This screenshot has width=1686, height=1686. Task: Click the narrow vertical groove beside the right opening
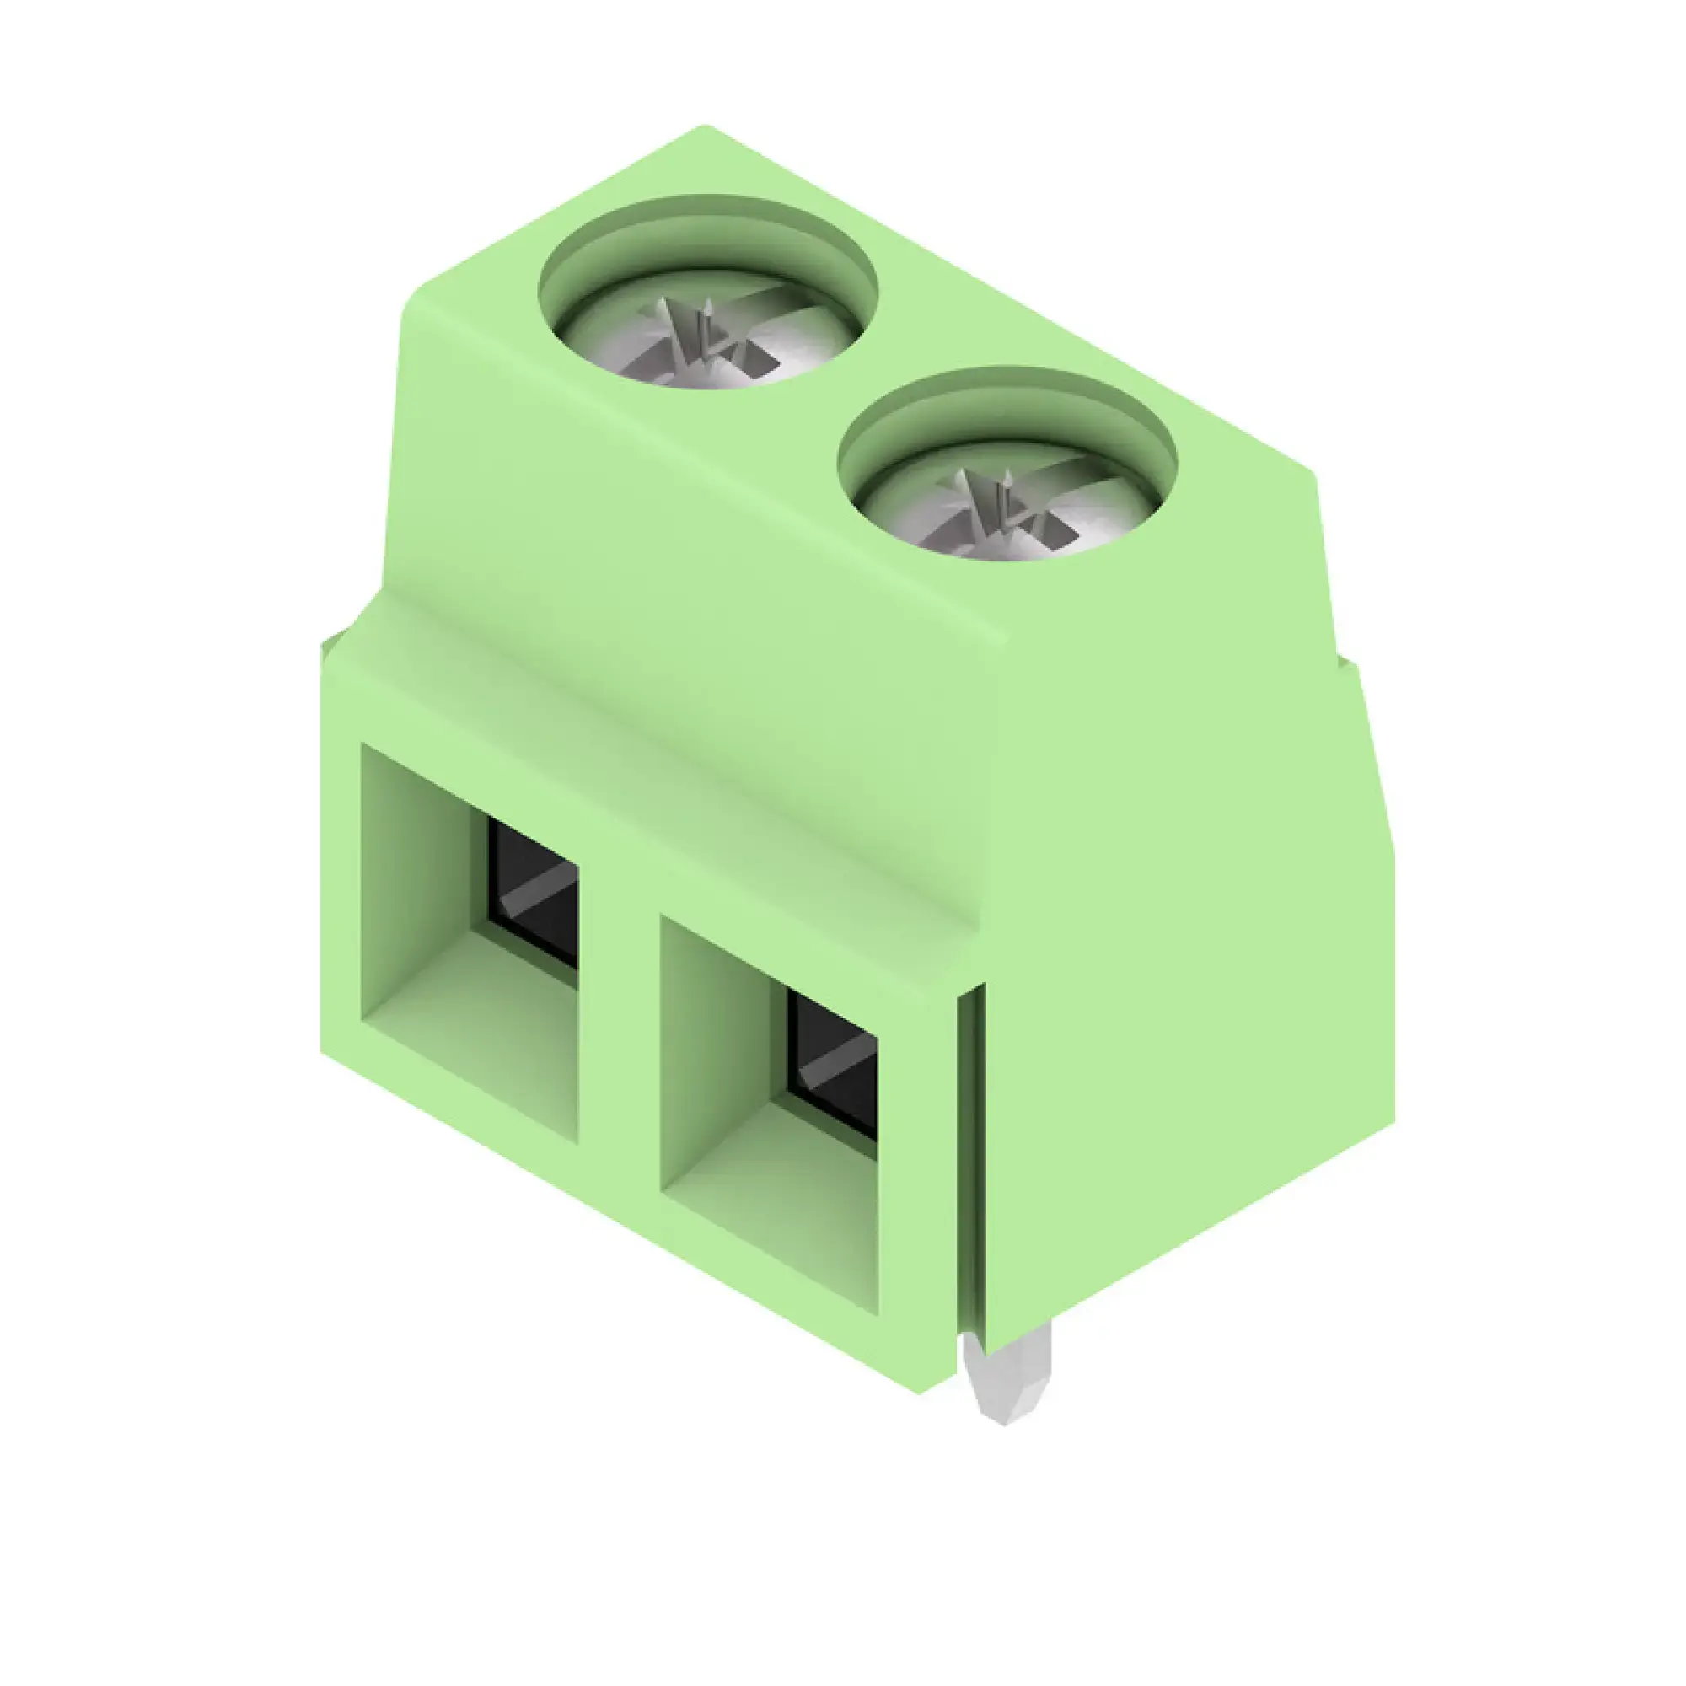tap(970, 1169)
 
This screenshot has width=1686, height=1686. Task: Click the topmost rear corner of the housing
tap(705, 128)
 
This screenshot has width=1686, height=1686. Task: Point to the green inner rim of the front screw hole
tap(1008, 403)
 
